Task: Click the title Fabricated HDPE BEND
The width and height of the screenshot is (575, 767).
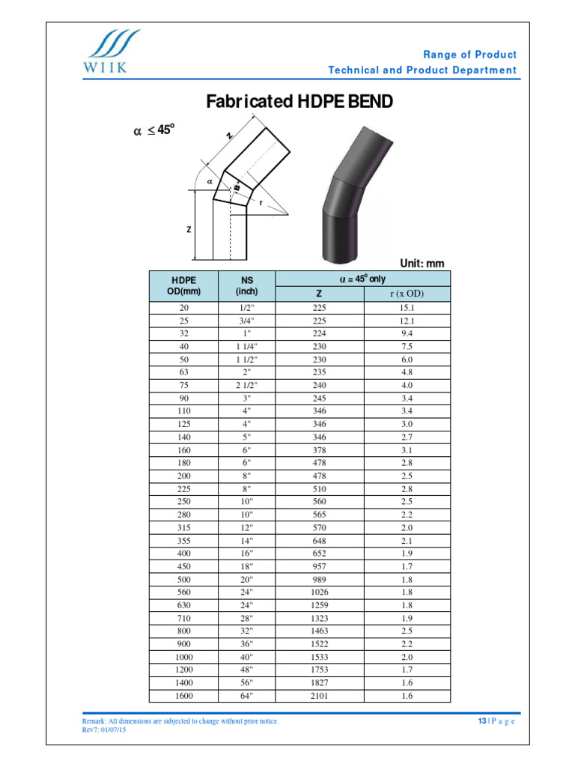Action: [x=299, y=102]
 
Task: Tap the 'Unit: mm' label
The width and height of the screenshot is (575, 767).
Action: [x=422, y=263]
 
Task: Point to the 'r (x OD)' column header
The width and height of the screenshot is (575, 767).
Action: [x=407, y=294]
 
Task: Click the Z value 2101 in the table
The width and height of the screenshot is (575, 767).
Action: [x=320, y=695]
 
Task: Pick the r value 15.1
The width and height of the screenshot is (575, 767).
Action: [x=407, y=307]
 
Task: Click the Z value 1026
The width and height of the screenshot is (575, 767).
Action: [x=320, y=592]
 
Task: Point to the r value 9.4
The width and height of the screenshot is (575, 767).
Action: [x=407, y=333]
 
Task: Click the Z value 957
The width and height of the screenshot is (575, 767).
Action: [x=320, y=566]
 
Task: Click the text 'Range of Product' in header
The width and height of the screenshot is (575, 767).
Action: [x=469, y=55]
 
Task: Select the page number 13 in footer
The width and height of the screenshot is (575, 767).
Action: [x=482, y=721]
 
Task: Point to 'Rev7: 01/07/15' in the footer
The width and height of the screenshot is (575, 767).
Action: [x=104, y=730]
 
